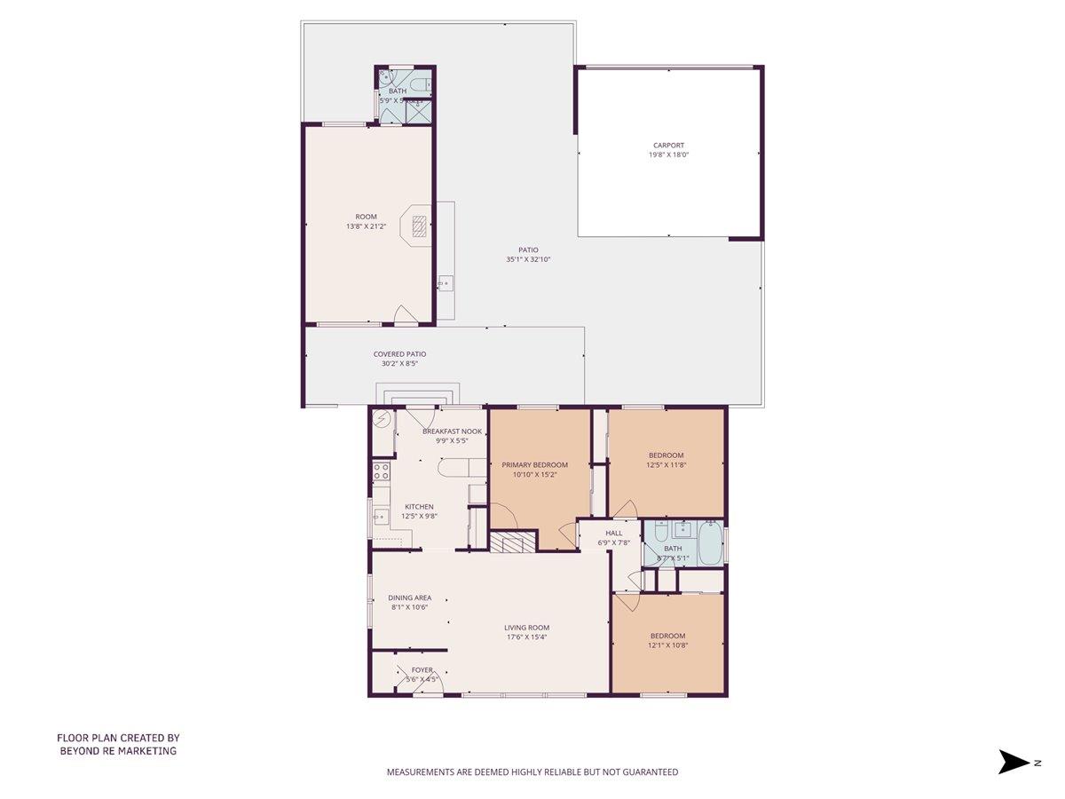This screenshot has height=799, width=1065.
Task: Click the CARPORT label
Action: click(x=668, y=146)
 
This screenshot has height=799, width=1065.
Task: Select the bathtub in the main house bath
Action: click(x=711, y=543)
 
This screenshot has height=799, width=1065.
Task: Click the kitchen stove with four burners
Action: click(x=382, y=471)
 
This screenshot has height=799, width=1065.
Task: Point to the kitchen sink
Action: click(x=382, y=516)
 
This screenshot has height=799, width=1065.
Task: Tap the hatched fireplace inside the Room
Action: click(x=420, y=224)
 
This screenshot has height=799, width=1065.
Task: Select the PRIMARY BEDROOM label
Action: click(x=534, y=464)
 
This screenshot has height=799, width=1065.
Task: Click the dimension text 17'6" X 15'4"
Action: click(x=527, y=637)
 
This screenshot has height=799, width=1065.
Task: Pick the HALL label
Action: click(x=613, y=533)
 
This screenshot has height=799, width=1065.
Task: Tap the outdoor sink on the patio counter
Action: click(x=444, y=285)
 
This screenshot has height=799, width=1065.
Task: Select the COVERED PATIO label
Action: click(x=399, y=354)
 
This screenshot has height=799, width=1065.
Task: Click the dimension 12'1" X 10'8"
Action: click(x=667, y=645)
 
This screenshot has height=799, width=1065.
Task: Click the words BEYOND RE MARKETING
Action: click(x=118, y=750)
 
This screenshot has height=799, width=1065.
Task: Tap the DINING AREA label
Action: click(x=409, y=597)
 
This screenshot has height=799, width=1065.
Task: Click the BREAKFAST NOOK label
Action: click(x=452, y=431)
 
